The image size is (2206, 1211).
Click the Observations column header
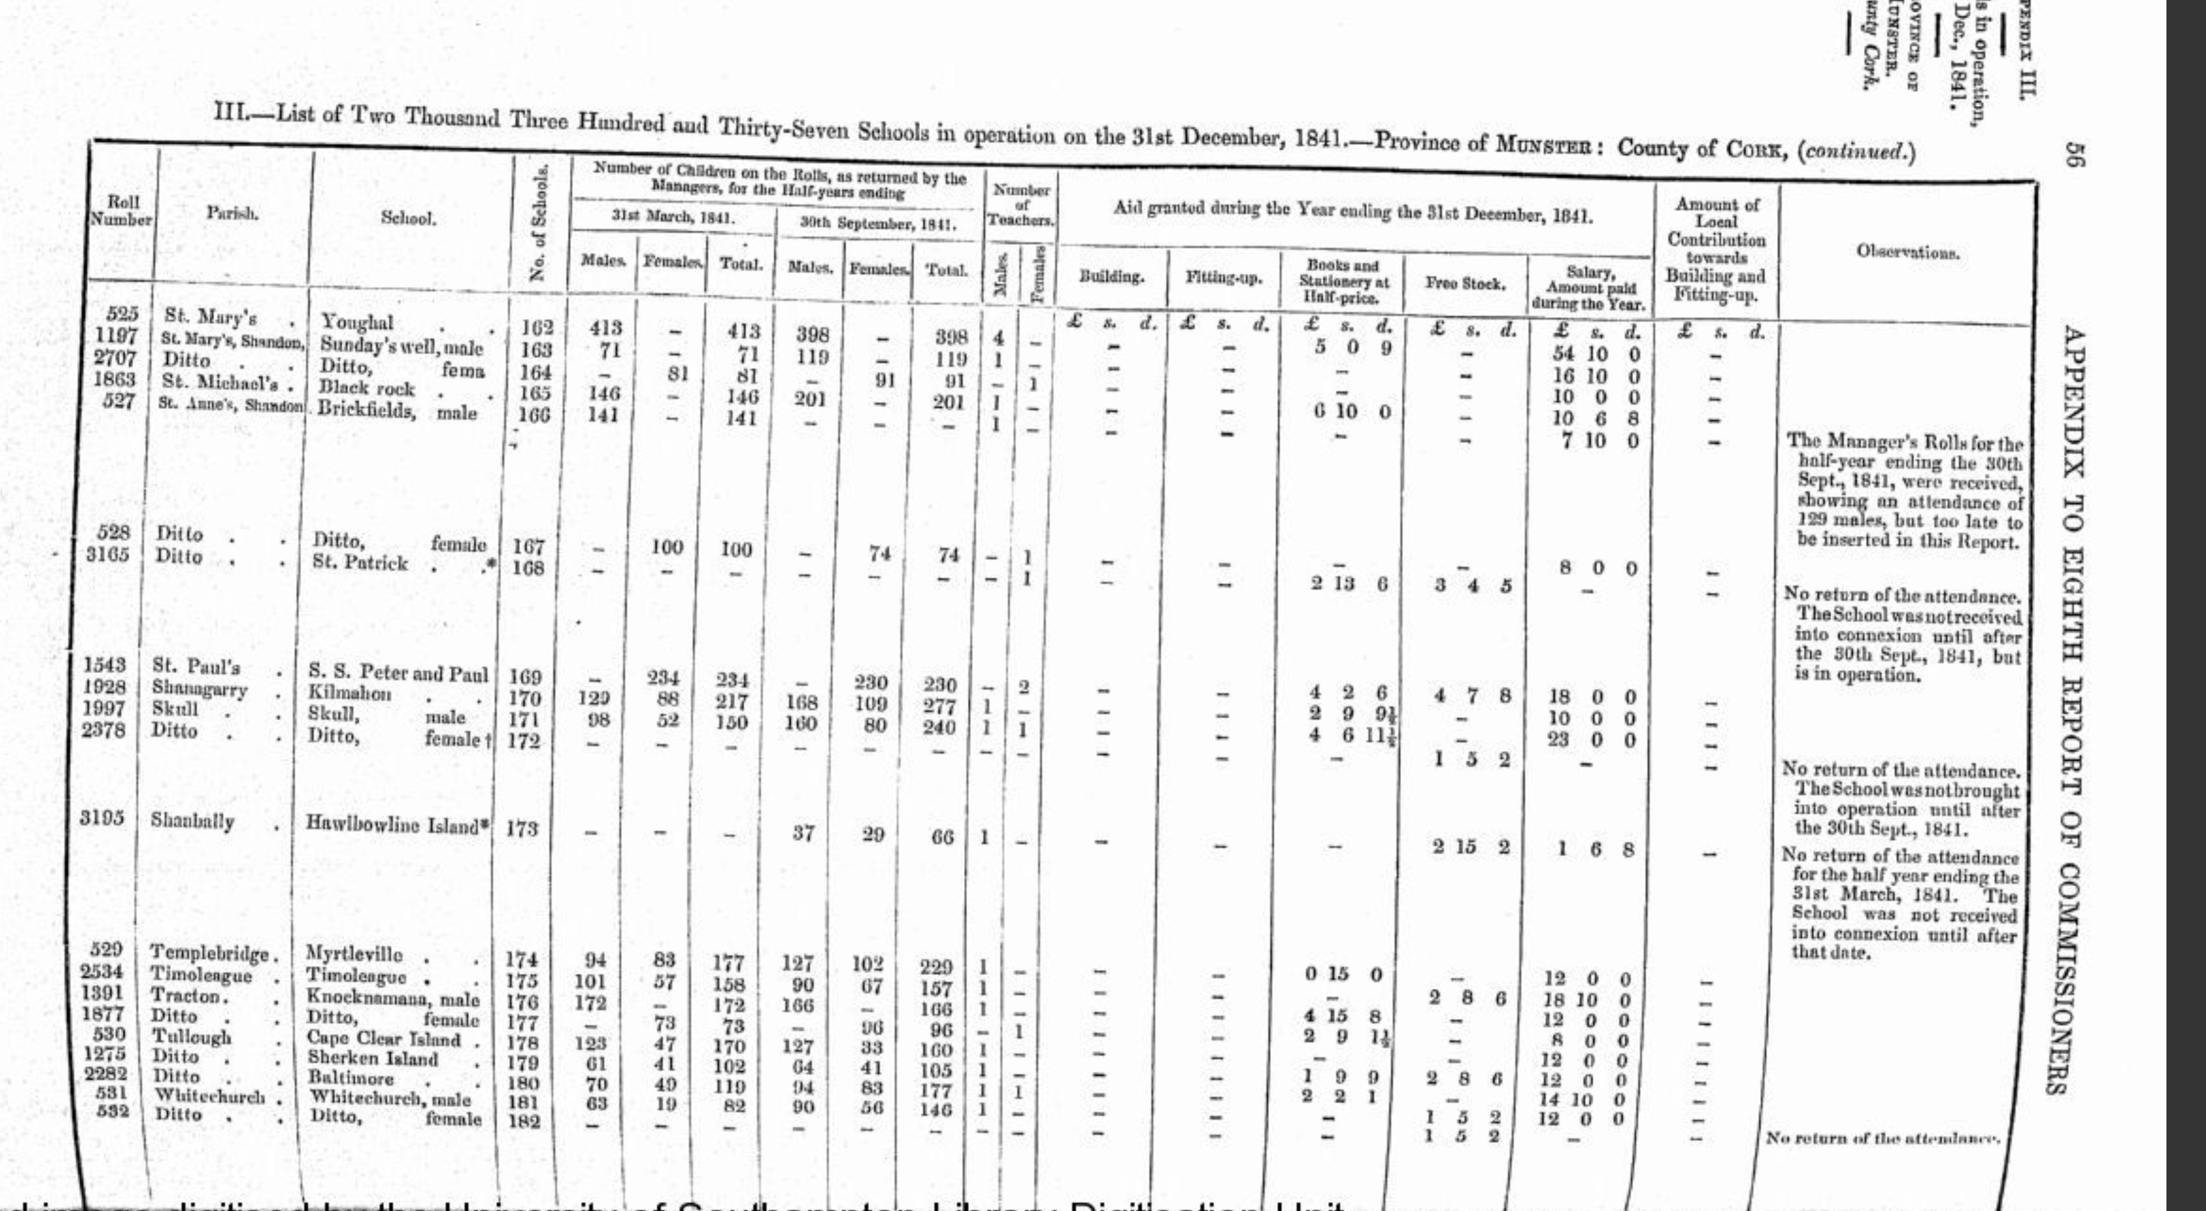(x=1908, y=252)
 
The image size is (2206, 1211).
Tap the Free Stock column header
(x=1465, y=283)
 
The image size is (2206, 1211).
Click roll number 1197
(x=117, y=336)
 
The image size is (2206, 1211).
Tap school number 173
(x=522, y=828)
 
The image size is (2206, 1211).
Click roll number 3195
(x=103, y=818)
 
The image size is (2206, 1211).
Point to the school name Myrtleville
(x=353, y=953)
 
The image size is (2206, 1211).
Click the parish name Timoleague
(x=201, y=975)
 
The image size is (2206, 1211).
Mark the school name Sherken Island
(x=373, y=1059)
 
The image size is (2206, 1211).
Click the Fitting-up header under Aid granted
(x=1223, y=277)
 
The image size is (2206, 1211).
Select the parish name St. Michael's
(x=223, y=380)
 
